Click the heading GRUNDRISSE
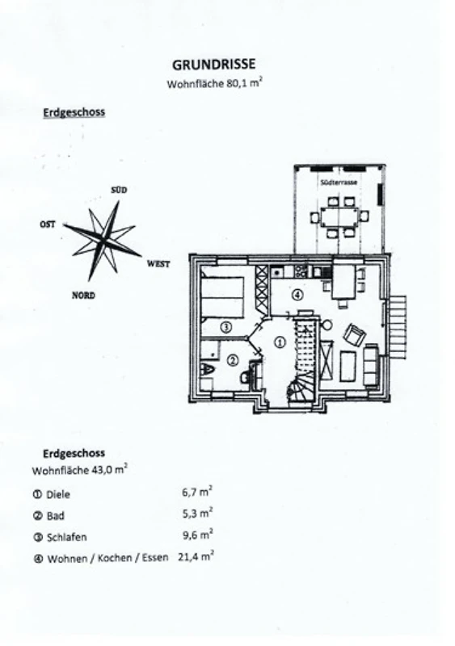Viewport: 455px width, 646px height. point(213,65)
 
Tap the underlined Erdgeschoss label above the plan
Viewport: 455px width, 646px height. point(74,112)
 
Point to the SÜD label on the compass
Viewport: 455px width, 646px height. point(119,190)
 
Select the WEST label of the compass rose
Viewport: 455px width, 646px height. point(158,264)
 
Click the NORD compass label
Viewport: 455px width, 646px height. point(83,296)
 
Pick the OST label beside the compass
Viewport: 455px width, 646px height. point(48,224)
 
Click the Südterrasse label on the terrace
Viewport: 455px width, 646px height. point(339,182)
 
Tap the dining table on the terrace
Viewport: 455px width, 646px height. point(339,216)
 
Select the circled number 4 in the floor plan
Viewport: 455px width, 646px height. point(297,295)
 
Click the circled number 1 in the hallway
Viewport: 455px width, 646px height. point(280,342)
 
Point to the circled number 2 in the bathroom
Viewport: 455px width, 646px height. point(233,360)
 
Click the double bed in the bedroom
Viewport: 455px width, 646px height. point(222,297)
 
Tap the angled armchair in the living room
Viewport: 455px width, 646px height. point(354,335)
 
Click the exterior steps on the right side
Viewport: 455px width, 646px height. point(398,327)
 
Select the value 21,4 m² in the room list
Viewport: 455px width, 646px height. point(196,556)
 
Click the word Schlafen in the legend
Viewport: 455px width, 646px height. point(67,537)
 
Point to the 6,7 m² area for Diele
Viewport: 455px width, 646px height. point(197,492)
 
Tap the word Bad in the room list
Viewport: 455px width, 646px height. point(55,516)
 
